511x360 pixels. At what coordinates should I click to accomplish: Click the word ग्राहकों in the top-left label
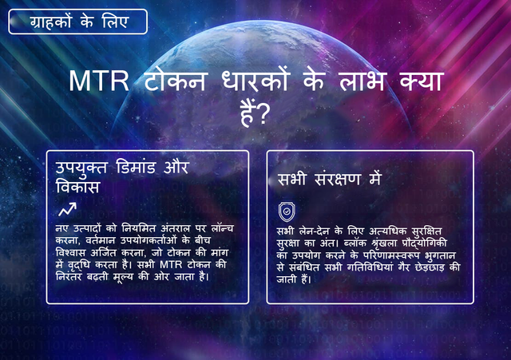(x=50, y=22)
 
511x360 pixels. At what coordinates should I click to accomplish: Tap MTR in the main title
(x=99, y=81)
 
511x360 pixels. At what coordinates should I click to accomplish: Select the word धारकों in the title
(x=255, y=80)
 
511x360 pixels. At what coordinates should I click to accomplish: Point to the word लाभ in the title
(x=363, y=81)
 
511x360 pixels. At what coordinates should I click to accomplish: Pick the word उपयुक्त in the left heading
(x=81, y=168)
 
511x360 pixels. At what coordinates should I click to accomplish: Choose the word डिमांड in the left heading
(x=136, y=167)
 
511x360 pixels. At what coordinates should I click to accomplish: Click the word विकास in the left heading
(x=77, y=187)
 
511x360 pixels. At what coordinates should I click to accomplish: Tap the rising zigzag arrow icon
(x=67, y=209)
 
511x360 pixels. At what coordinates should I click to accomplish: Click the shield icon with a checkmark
(x=287, y=212)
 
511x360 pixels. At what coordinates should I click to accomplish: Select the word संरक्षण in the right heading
(x=337, y=180)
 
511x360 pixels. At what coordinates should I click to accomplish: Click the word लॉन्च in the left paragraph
(x=222, y=228)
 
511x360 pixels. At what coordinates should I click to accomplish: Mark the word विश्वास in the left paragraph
(x=71, y=253)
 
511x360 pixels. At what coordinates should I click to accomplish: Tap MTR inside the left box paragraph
(x=171, y=265)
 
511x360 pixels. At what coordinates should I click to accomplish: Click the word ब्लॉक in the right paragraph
(x=353, y=243)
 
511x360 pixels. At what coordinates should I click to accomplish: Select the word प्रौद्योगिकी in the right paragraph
(x=424, y=243)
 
